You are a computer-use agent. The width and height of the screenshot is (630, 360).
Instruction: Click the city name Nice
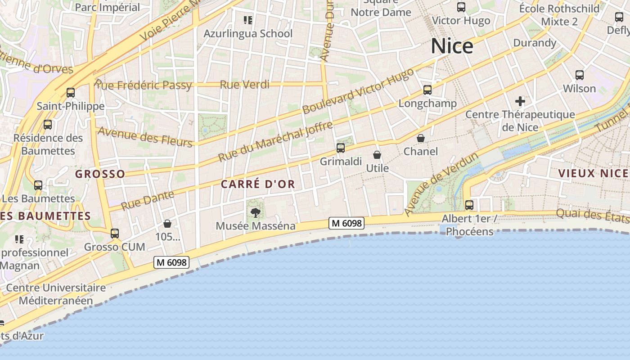pos(452,46)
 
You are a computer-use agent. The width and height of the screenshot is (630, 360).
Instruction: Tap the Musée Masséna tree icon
pos(256,212)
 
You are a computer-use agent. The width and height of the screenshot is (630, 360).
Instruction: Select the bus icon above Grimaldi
pos(341,148)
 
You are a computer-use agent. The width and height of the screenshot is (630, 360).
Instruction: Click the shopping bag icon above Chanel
pos(420,138)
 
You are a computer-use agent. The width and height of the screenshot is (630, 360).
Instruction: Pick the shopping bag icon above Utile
pos(377,155)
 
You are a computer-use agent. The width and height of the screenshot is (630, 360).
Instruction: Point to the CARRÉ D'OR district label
pos(258,184)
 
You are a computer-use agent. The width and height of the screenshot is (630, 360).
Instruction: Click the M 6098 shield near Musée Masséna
pos(346,223)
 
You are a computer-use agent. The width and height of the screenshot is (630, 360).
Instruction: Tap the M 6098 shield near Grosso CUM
pos(171,262)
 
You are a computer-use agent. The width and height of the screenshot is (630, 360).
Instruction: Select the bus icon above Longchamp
pos(427,90)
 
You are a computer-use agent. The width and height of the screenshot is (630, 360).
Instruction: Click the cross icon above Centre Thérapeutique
pos(520,101)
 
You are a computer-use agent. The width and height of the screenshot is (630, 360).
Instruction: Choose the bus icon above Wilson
pos(580,75)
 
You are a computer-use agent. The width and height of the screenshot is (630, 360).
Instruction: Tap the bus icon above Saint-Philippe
pos(71,93)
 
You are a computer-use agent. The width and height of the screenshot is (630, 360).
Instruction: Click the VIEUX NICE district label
pos(593,173)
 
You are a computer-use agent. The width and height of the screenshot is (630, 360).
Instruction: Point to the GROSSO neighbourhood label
pos(100,174)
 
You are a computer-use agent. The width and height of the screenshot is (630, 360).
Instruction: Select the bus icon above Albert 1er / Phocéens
pos(469,205)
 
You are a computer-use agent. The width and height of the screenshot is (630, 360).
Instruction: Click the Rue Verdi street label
pos(244,85)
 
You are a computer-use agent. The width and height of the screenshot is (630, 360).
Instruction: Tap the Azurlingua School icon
pos(247,20)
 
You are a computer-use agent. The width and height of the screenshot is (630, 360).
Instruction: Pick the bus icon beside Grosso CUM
pos(115,234)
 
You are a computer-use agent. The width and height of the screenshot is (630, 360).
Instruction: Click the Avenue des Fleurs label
pos(144,137)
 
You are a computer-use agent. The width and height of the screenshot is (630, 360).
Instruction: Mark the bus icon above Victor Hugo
pos(461,7)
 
